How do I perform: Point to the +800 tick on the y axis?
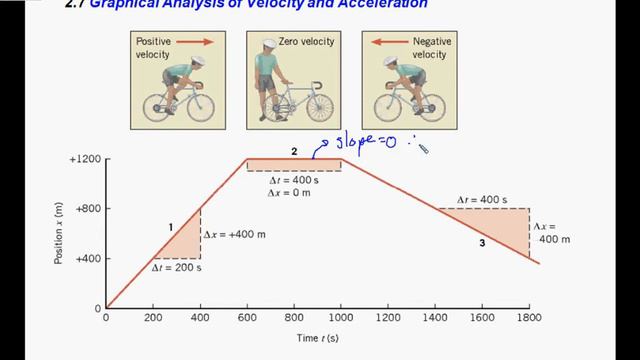84,209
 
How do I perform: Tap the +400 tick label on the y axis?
84,259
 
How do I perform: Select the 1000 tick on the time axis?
341,319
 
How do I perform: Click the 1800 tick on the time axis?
529,319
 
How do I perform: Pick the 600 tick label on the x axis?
247,319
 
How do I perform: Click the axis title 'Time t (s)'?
318,338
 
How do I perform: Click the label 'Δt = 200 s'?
176,268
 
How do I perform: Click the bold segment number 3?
482,243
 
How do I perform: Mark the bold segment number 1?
171,228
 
